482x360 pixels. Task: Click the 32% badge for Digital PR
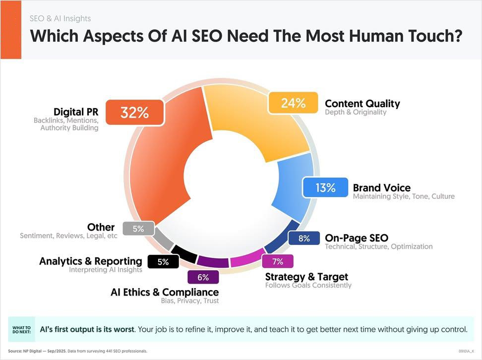coord(135,113)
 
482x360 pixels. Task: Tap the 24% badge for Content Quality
coord(293,103)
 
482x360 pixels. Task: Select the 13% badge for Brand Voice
coord(325,187)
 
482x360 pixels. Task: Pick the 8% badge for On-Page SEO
coord(304,239)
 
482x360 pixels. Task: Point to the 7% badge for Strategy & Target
coord(277,261)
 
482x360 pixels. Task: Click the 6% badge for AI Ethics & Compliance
coord(203,277)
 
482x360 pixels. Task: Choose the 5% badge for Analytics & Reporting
coord(163,262)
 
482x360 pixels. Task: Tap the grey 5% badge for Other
coord(138,229)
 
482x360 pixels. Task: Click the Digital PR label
coord(76,112)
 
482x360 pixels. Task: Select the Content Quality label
coord(362,104)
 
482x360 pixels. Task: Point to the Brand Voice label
coord(381,187)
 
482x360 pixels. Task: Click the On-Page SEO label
coord(356,238)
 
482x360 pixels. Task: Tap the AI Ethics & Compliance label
coord(165,292)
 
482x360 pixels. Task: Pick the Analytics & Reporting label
coord(91,261)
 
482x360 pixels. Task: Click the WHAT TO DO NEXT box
coord(21,329)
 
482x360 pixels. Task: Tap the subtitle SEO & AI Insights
coord(60,19)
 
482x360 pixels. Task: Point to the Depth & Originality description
coord(355,113)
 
